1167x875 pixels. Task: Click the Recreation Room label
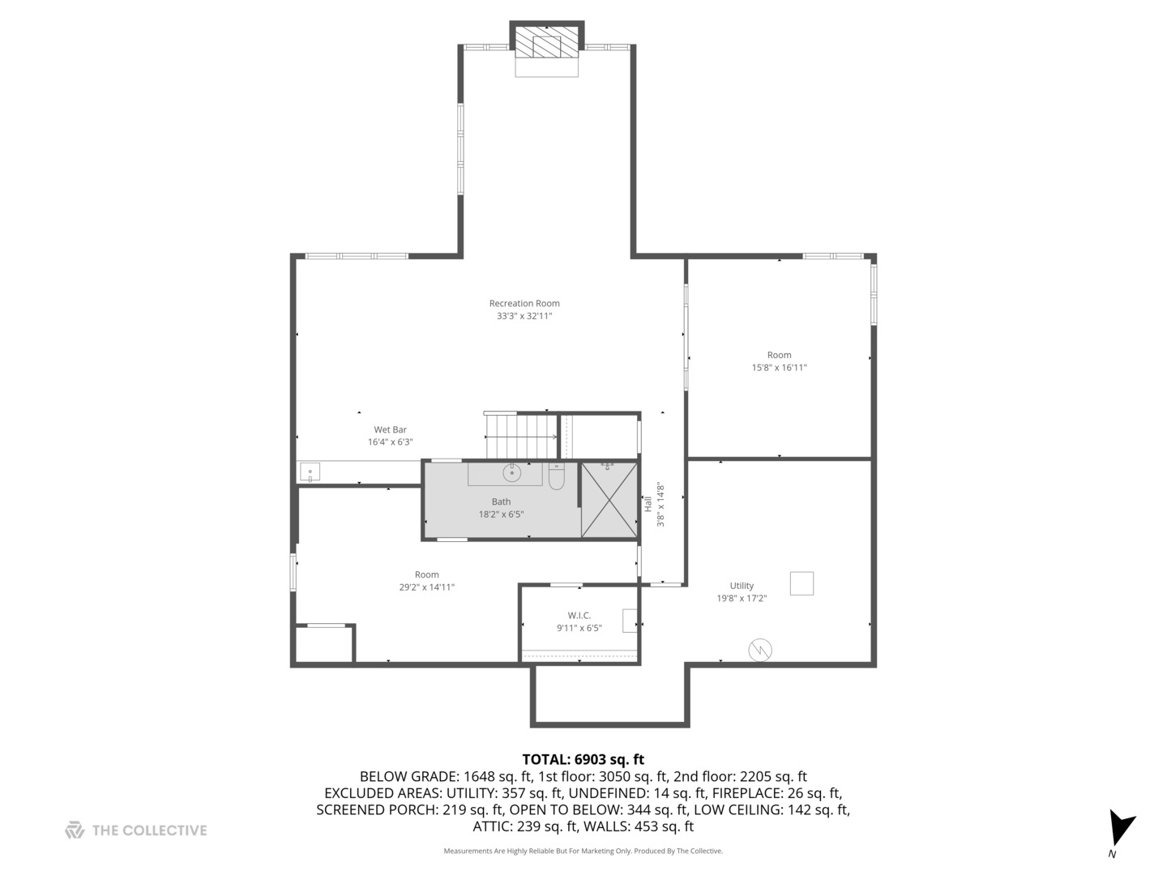524,304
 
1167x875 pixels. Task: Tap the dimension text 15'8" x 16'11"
779,368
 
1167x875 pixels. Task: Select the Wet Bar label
390,429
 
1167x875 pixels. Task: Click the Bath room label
501,502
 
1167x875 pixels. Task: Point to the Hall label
648,504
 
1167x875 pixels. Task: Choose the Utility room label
742,586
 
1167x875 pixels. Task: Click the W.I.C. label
579,616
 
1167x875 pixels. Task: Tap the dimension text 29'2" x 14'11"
426,587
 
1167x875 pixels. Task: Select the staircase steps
519,436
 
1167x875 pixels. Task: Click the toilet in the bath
556,478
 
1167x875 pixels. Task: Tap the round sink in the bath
512,472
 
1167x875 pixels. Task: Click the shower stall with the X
609,500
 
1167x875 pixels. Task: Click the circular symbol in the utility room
760,649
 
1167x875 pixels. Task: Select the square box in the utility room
802,583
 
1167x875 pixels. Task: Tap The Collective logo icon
75,830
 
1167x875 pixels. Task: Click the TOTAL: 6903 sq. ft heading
583,759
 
